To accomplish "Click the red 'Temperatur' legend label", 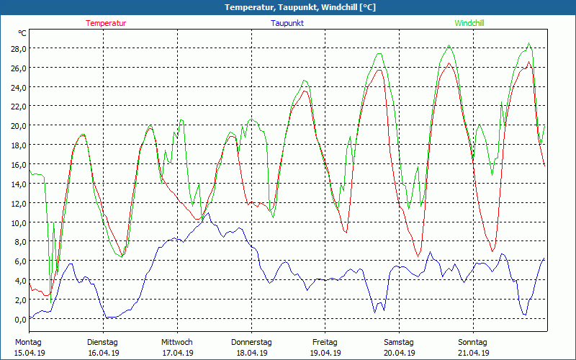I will coord(106,23).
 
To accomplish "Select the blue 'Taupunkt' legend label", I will coord(287,23).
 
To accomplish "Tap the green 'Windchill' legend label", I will coord(469,23).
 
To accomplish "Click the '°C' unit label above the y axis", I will coord(22,33).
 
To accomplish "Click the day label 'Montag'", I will coord(28,342).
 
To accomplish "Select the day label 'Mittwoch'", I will coord(177,342).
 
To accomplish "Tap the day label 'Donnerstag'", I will coord(251,342).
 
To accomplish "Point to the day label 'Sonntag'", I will coord(473,342).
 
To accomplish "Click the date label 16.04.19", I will coord(103,353).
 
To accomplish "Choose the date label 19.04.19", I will coord(325,353).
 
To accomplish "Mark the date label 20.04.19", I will coord(399,353).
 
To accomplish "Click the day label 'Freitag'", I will coord(325,342).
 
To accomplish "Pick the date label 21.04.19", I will coord(473,353).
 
